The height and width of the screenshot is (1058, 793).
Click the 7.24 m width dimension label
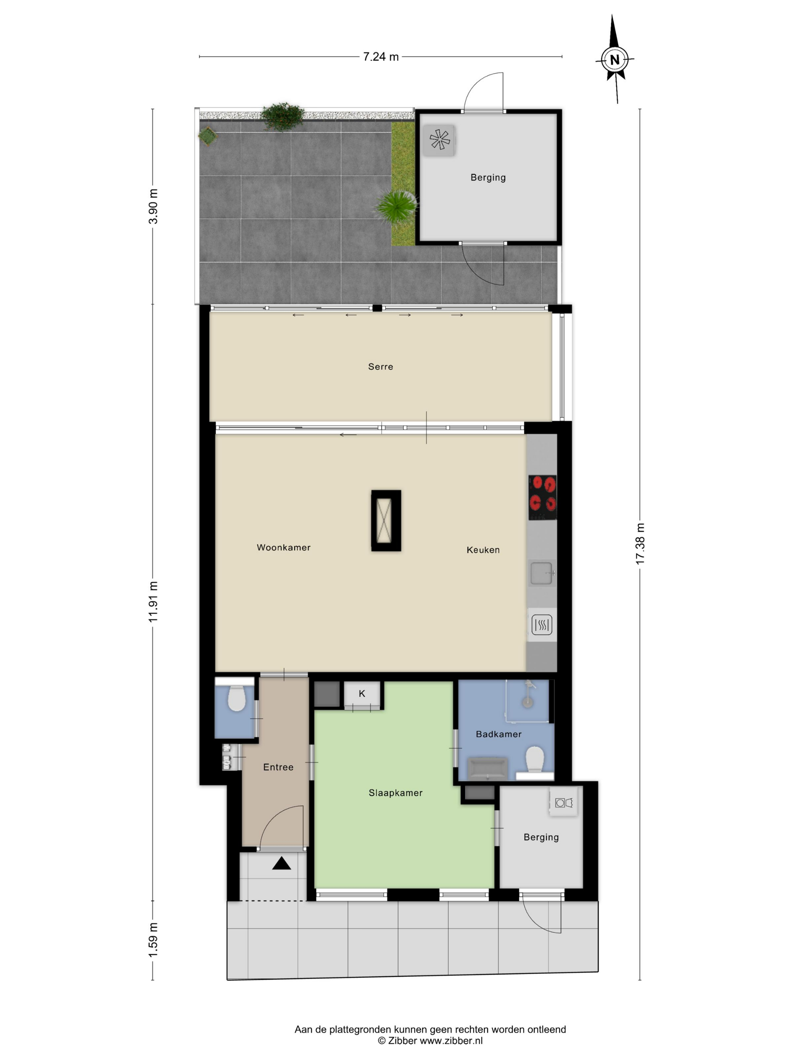tap(381, 57)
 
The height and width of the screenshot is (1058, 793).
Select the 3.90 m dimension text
tap(153, 206)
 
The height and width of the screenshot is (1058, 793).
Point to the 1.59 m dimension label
tap(153, 940)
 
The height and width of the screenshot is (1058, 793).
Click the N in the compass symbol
tap(615, 60)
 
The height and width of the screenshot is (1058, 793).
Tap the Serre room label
tap(381, 367)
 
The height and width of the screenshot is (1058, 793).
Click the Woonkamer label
tap(284, 548)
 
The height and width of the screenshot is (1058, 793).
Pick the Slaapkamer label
tap(395, 792)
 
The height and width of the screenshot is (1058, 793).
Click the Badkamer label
tap(498, 734)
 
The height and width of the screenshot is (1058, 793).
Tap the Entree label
tap(278, 767)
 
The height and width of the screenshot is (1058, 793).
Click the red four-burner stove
tap(543, 497)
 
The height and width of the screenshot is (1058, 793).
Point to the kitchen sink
tap(542, 573)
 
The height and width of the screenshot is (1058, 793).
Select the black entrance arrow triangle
tap(282, 863)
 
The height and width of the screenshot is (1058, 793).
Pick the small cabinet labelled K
tap(362, 694)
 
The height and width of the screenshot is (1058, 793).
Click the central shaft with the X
tap(386, 521)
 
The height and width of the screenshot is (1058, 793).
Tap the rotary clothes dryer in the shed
tap(439, 140)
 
